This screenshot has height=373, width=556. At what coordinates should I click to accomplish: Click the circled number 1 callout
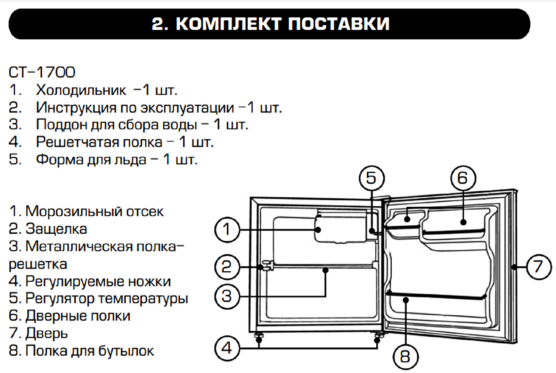tap(227, 229)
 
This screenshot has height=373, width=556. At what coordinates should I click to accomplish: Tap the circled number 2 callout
tap(227, 267)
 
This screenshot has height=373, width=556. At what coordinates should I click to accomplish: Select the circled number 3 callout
tap(227, 296)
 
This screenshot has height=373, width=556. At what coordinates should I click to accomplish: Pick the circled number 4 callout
tap(227, 348)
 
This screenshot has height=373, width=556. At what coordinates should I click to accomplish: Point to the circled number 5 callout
tap(371, 178)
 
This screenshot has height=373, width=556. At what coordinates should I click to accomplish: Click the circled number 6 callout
tap(463, 178)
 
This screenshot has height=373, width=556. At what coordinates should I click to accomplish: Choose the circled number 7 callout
tap(539, 267)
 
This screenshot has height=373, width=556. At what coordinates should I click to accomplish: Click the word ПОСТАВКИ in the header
tap(338, 24)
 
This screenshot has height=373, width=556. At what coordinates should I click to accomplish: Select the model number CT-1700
tap(42, 72)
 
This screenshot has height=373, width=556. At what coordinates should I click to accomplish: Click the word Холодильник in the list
tap(81, 90)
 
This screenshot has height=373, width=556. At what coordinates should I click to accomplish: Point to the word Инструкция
tap(76, 108)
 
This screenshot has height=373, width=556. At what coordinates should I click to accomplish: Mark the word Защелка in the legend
tap(56, 229)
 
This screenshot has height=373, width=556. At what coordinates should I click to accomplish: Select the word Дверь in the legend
tap(47, 333)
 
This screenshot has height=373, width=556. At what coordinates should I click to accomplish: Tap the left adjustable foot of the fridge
tap(259, 336)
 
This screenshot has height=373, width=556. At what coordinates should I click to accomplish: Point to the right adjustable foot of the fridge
tap(378, 336)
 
